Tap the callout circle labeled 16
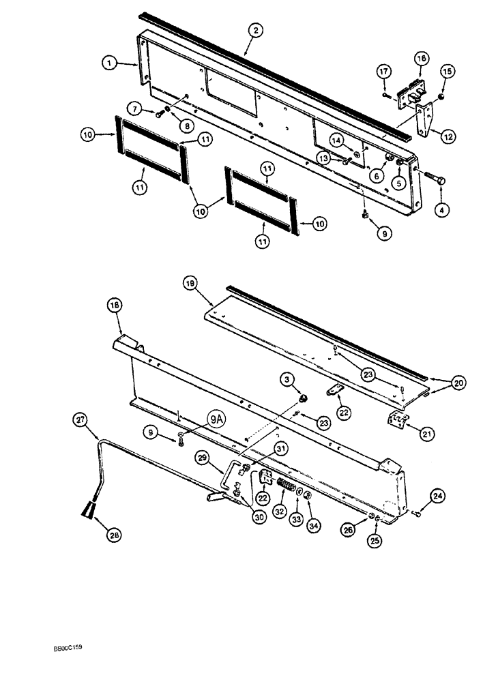(x=421, y=59)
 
